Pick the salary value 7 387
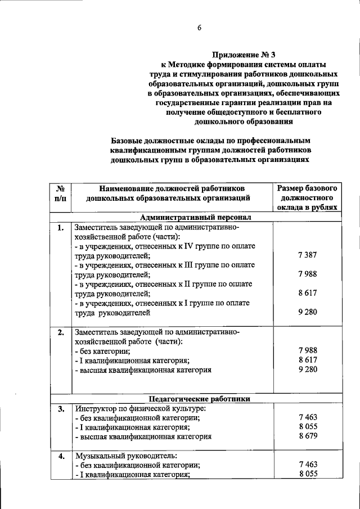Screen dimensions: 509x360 point(308,255)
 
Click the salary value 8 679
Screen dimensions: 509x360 point(308,436)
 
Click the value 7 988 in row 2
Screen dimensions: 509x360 point(308,350)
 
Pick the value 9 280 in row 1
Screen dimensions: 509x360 point(308,312)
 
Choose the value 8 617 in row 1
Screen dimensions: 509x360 point(308,293)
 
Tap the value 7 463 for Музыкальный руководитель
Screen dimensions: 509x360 point(308,465)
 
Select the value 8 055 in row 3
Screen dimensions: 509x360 point(308,427)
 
